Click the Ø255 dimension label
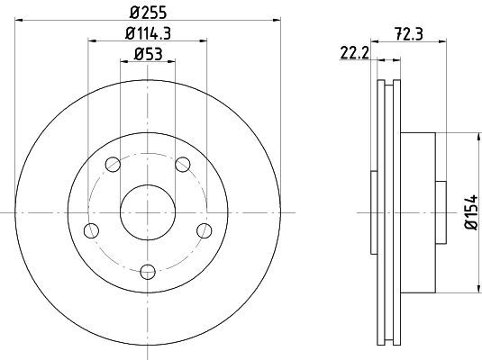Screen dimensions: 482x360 point(148,12)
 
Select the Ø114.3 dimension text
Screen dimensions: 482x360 point(148,33)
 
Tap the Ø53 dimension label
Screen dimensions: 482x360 point(148,54)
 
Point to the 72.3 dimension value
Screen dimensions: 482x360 point(409,34)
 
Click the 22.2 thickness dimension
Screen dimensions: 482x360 point(354,53)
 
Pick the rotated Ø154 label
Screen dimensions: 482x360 point(472,211)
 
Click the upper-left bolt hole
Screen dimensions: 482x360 point(113,165)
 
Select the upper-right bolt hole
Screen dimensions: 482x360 point(183,165)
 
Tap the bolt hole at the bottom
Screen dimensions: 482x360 point(148,272)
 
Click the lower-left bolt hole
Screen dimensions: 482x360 point(91,230)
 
